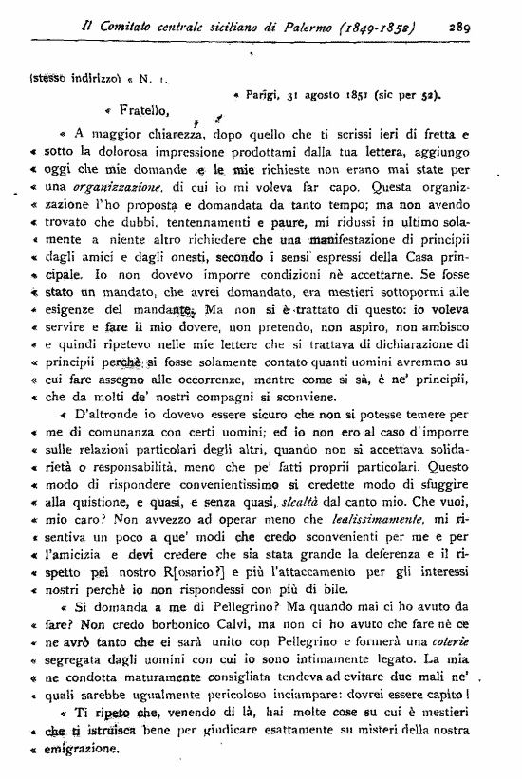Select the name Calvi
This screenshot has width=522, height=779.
pos(214,605)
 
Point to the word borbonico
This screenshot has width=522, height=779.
pos(158,605)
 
